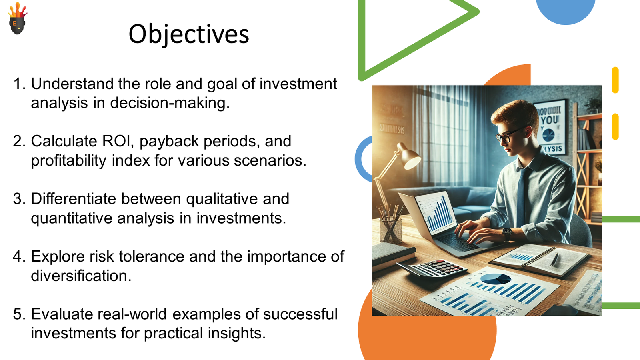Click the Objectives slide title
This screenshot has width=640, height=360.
(x=188, y=34)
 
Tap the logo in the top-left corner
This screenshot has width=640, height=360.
(x=17, y=19)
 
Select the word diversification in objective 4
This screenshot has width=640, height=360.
(x=81, y=276)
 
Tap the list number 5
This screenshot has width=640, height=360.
(x=19, y=314)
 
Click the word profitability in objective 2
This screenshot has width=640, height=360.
(x=68, y=161)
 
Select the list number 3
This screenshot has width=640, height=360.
(x=19, y=199)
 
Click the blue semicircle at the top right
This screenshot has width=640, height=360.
(x=565, y=10)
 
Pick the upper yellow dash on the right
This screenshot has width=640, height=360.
(x=615, y=80)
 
